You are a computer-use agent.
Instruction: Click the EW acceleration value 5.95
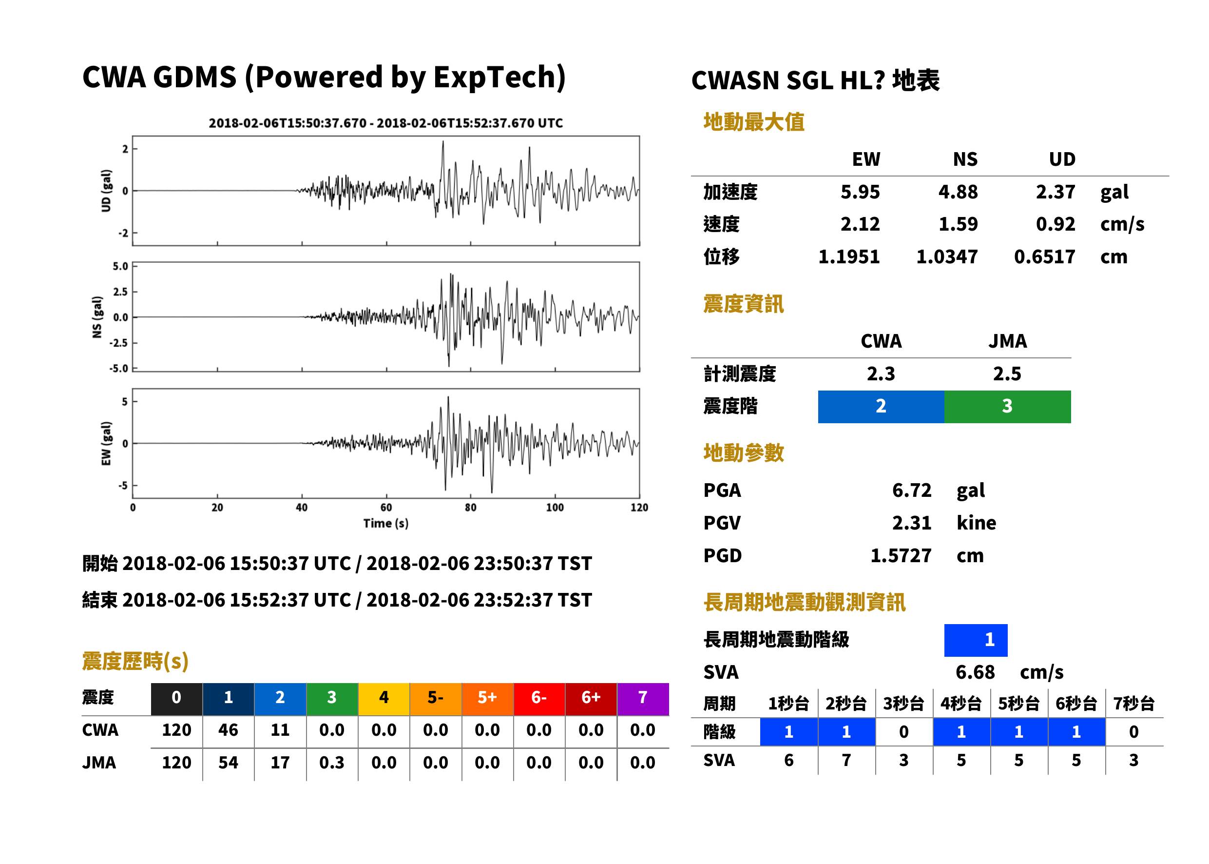click(860, 192)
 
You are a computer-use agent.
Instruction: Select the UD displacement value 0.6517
click(1044, 256)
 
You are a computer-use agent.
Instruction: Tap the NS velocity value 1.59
click(958, 224)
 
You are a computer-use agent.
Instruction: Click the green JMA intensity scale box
click(1007, 407)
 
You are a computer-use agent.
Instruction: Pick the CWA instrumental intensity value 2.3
click(881, 373)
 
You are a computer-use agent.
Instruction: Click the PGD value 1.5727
click(901, 555)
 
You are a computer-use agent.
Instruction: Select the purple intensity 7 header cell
click(643, 699)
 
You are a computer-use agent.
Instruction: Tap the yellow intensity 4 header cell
click(384, 699)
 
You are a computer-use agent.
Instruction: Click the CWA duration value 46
click(228, 730)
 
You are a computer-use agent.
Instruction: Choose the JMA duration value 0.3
click(332, 763)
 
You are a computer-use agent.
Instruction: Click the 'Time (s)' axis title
click(386, 524)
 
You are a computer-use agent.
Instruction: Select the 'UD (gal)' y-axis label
click(106, 191)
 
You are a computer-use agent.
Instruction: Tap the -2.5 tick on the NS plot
click(118, 343)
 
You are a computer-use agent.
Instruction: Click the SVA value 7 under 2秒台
click(846, 760)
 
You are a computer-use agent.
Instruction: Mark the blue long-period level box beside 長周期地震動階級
click(976, 640)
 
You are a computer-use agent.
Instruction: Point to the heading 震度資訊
click(743, 304)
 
